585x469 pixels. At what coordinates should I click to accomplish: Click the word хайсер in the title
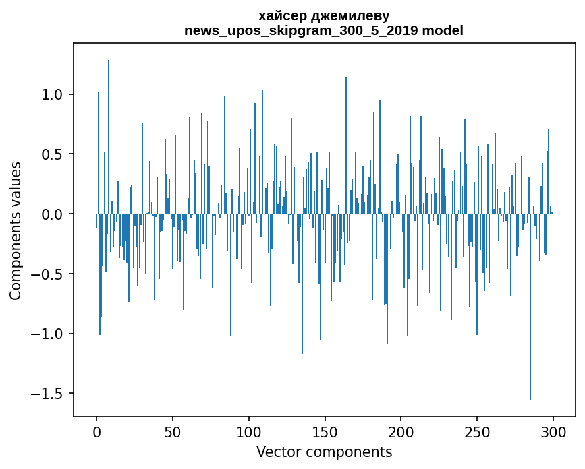pyautogui.click(x=279, y=15)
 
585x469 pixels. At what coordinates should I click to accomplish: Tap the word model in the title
pyautogui.click(x=442, y=30)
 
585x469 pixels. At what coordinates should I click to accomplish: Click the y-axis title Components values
pyautogui.click(x=15, y=230)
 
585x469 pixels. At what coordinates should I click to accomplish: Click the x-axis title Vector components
pyautogui.click(x=324, y=451)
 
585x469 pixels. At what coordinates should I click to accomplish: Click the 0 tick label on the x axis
pyautogui.click(x=96, y=431)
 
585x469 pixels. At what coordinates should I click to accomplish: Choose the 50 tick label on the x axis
pyautogui.click(x=173, y=431)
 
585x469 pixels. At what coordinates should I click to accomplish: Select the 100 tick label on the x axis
pyautogui.click(x=249, y=431)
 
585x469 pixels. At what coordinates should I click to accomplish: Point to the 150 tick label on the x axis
pyautogui.click(x=325, y=431)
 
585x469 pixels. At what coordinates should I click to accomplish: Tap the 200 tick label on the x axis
pyautogui.click(x=401, y=431)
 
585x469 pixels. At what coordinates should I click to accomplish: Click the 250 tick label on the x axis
pyautogui.click(x=477, y=431)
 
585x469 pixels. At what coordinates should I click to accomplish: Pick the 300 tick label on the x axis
pyautogui.click(x=553, y=431)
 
